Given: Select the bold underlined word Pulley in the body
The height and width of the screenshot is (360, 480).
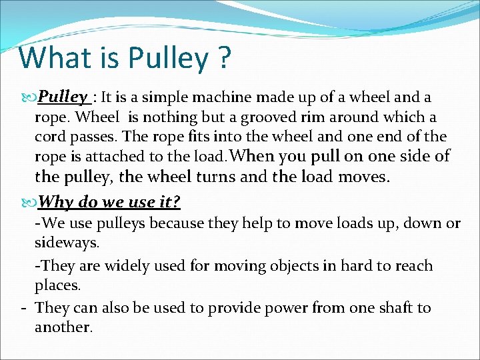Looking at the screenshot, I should pyautogui.click(x=63, y=97).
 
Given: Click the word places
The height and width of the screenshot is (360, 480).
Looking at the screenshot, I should pyautogui.click(x=57, y=286).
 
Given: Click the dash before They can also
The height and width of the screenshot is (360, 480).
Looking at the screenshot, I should pyautogui.click(x=23, y=308).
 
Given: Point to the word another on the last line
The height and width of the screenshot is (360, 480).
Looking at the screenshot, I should pyautogui.click(x=63, y=327).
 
